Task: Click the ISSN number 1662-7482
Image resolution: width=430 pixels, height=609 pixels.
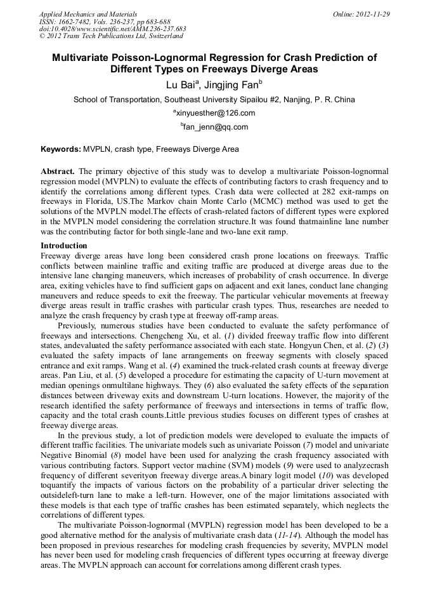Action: (81, 22)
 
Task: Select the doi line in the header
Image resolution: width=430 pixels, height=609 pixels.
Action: (112, 29)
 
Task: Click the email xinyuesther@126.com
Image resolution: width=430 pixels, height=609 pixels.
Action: (216, 113)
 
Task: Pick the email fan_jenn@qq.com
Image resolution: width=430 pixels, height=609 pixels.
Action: (216, 126)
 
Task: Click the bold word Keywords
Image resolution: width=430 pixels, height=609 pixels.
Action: (60, 149)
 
